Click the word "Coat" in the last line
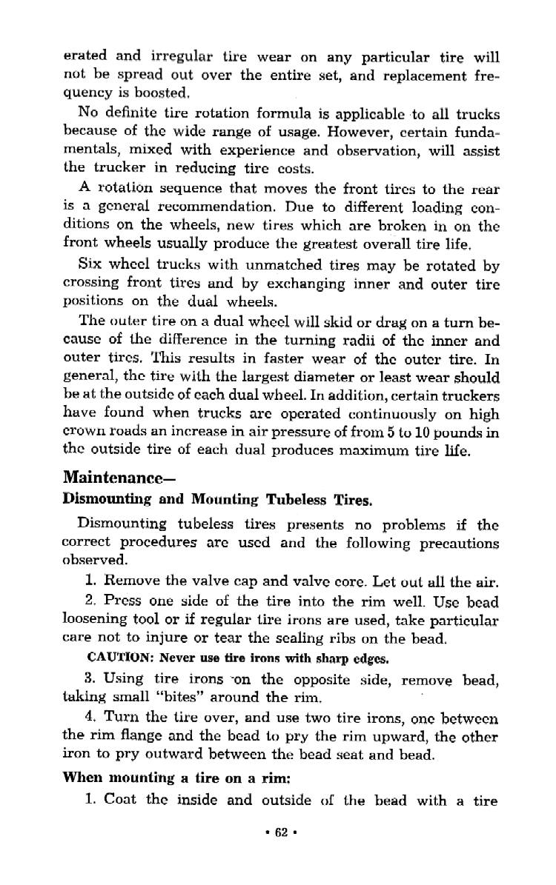pos(121,799)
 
